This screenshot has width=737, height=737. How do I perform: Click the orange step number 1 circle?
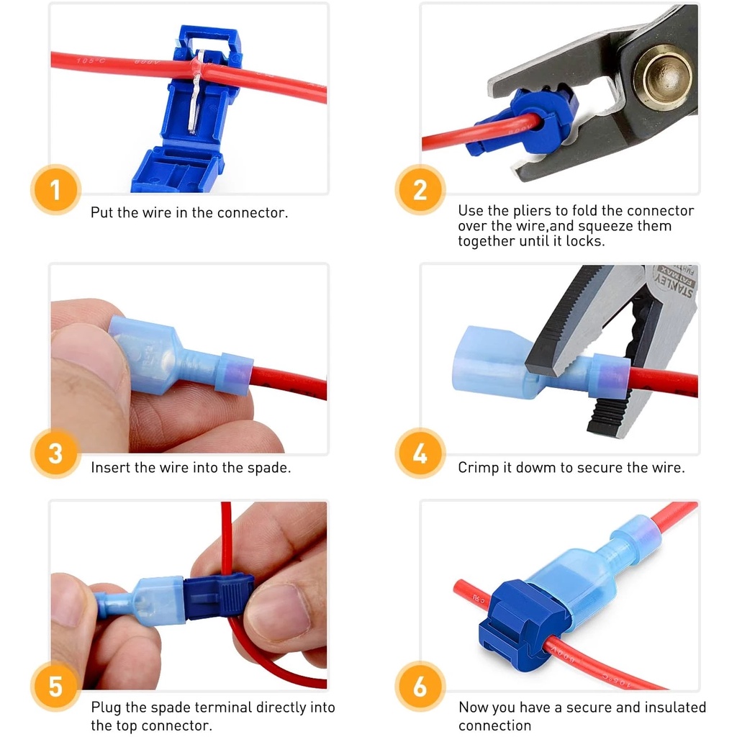pyautogui.click(x=55, y=190)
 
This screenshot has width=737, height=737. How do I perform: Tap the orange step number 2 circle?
pyautogui.click(x=420, y=190)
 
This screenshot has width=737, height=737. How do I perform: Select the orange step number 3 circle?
pyautogui.click(x=55, y=453)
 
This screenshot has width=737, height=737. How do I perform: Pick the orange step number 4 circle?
pyautogui.click(x=420, y=453)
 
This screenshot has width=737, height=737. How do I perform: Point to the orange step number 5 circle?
pyautogui.click(x=55, y=686)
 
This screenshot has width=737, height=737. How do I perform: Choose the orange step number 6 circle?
pyautogui.click(x=420, y=686)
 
